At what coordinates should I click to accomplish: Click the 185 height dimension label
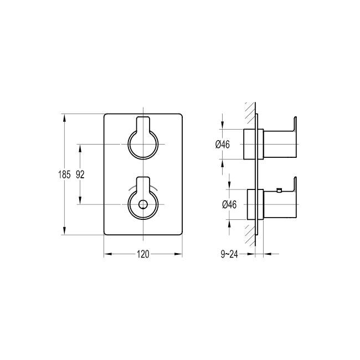[x=64, y=174]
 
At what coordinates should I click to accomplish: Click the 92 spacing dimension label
[x=80, y=174]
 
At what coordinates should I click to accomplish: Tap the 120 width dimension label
[x=143, y=254]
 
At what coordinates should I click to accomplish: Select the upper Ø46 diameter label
[x=223, y=145]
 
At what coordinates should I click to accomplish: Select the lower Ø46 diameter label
[x=229, y=204]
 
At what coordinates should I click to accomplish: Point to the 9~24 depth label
[x=229, y=254]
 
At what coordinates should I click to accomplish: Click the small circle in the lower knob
[x=143, y=204]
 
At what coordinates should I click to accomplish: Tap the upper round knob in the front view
[x=143, y=145]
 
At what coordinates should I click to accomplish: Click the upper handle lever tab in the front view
[x=143, y=124]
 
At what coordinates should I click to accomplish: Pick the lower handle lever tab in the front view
[x=143, y=184]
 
